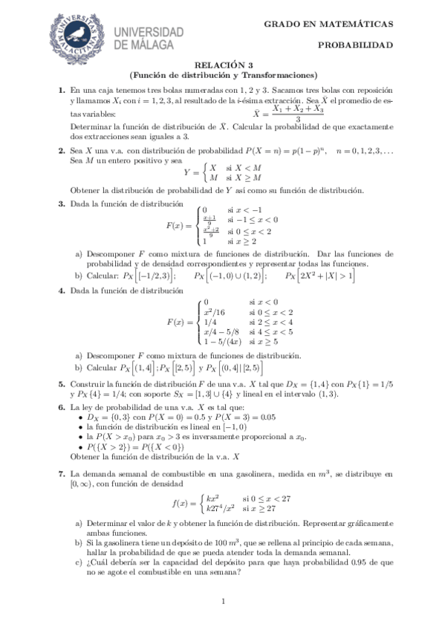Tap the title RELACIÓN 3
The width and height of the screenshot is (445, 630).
point(223,65)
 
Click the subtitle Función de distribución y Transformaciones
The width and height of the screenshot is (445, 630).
point(223,74)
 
